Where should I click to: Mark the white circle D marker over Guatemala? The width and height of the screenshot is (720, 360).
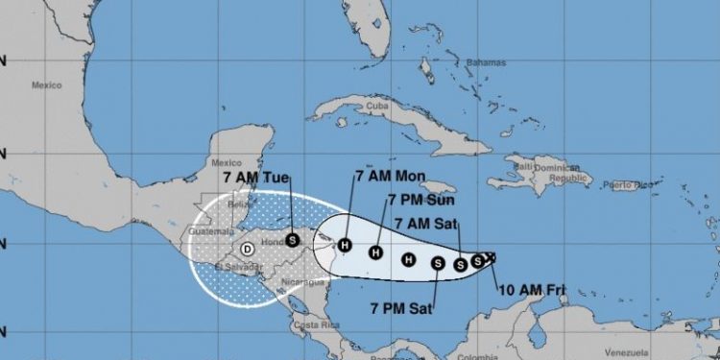pyautogui.click(x=247, y=249)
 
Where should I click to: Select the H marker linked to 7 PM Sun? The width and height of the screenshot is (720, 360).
pyautogui.click(x=376, y=253)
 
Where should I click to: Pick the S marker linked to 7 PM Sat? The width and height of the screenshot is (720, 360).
pyautogui.click(x=438, y=262)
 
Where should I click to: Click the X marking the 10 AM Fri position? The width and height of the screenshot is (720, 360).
pyautogui.click(x=491, y=255)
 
